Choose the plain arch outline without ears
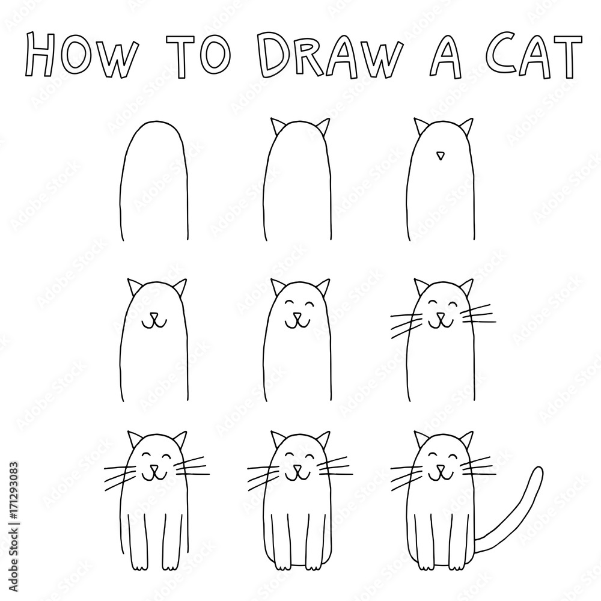(155, 180)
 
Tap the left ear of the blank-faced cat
(278, 128)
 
